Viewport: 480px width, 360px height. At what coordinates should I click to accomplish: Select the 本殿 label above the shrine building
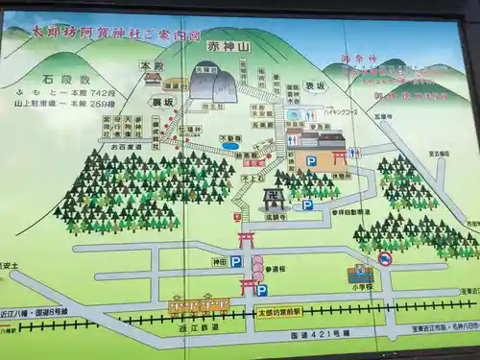(151, 66)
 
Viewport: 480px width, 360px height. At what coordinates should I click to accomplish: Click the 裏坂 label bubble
(160, 100)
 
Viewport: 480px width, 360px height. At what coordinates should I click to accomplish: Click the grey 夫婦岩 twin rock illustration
(212, 86)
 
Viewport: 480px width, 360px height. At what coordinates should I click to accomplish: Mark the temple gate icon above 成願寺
(273, 198)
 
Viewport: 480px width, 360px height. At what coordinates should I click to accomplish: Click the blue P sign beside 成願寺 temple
(307, 204)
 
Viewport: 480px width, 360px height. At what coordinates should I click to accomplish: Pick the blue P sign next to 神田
(235, 260)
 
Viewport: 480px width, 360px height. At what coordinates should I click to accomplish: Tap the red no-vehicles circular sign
(384, 258)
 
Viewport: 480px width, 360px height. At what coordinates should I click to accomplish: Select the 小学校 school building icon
(360, 274)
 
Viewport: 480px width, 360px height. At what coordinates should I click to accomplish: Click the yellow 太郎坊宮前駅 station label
(278, 311)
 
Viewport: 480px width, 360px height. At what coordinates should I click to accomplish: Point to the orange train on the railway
(199, 306)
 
